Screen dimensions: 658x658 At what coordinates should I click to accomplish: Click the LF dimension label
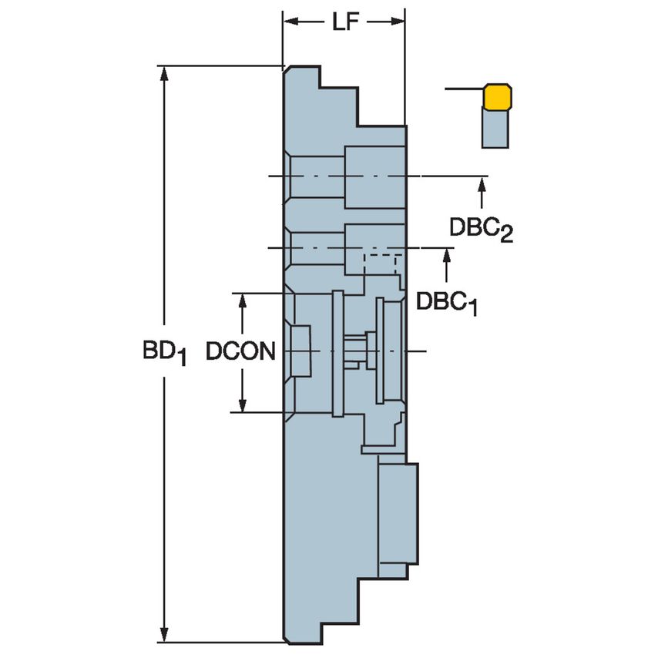pos(344,22)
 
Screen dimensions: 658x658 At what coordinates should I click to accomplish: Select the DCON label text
pos(240,352)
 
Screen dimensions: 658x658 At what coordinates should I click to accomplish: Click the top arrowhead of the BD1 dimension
pos(164,72)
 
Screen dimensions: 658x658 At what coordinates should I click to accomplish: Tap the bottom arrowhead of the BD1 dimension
pos(164,635)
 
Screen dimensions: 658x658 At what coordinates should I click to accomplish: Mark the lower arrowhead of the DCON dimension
pos(243,405)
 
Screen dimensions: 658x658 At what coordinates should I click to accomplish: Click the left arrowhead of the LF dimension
pos(290,22)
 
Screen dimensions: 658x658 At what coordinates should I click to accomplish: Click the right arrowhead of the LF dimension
pos(398,22)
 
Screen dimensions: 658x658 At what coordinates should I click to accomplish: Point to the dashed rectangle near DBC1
pos(381,264)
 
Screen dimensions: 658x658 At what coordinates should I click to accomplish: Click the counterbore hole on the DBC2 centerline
pos(374,176)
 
